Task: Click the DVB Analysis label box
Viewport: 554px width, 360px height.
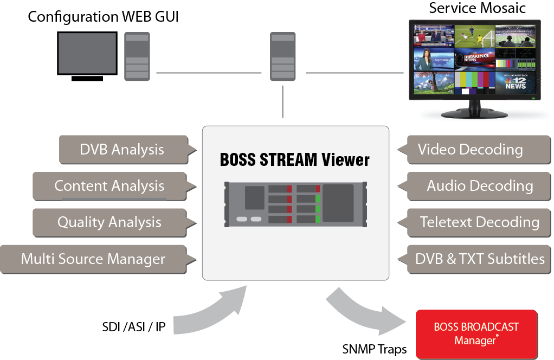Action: (121, 149)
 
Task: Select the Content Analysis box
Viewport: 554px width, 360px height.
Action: (109, 186)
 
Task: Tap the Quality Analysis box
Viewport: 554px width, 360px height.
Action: (109, 222)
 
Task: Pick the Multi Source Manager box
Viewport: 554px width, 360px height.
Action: (93, 259)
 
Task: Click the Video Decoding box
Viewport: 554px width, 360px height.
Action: (470, 149)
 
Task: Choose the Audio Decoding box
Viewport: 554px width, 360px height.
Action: (480, 186)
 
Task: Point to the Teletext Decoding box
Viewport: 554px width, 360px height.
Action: (479, 222)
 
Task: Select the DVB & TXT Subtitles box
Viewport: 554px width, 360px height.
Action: (480, 259)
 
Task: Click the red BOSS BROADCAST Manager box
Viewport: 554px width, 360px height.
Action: (476, 334)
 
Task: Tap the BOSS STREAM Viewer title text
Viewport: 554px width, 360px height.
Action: (295, 160)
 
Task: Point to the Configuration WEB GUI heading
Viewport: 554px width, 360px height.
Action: (103, 16)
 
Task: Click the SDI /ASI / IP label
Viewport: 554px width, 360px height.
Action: (134, 327)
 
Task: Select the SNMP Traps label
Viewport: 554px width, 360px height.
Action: (374, 349)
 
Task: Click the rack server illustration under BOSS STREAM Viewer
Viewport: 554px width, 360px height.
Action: (295, 204)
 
